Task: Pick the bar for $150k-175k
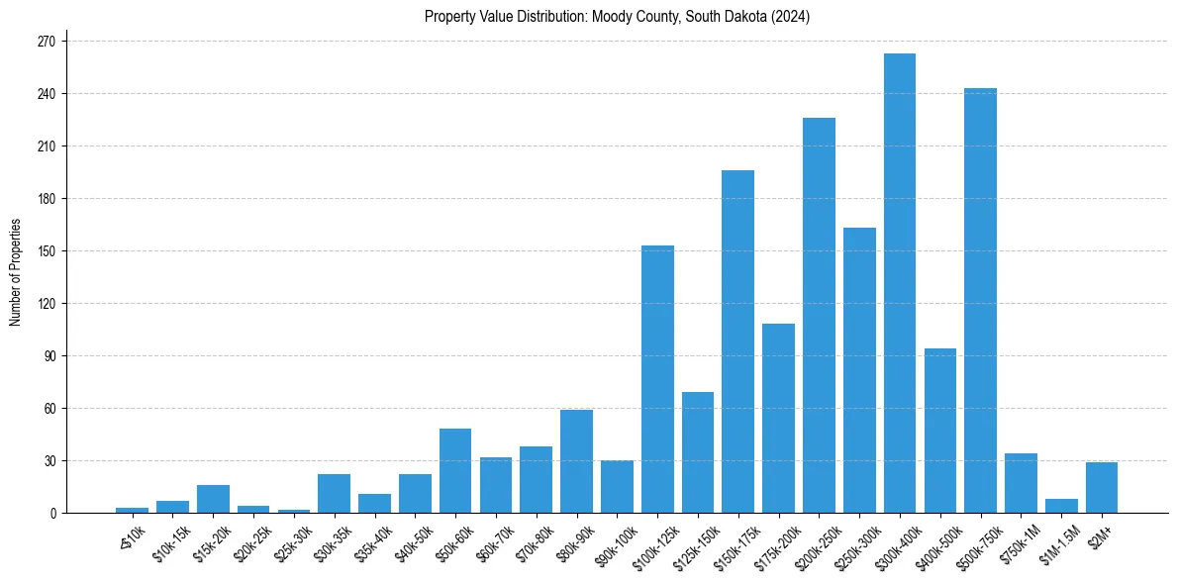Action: [x=738, y=341]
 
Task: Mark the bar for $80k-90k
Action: [x=576, y=461]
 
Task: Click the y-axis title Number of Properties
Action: [x=16, y=271]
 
